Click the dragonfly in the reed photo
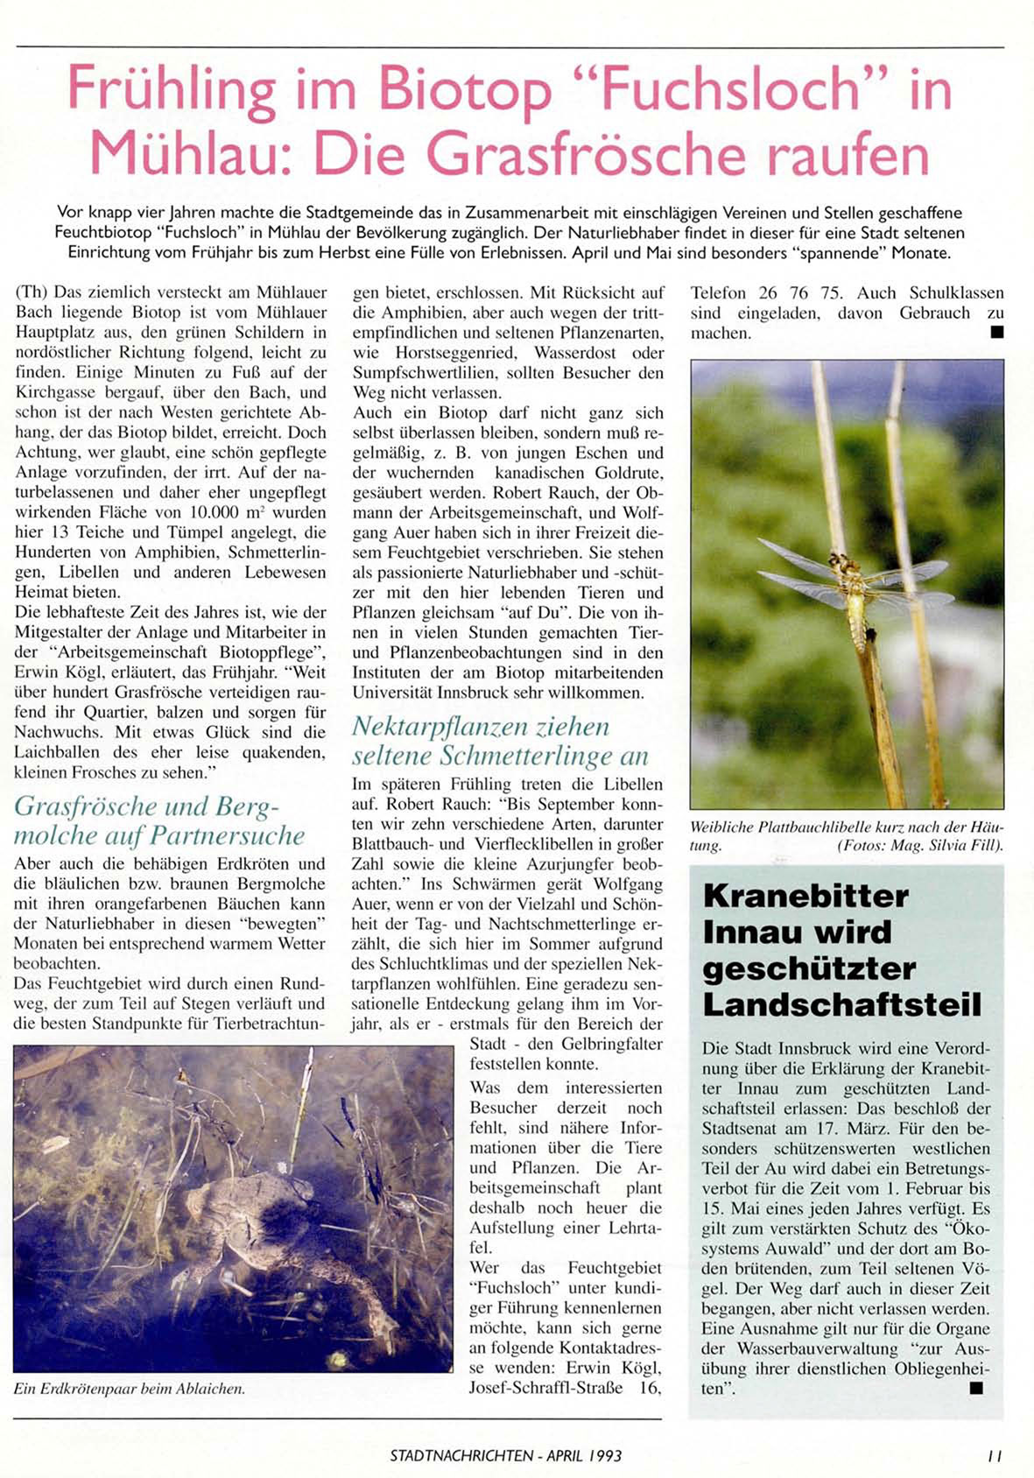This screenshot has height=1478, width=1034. point(854,595)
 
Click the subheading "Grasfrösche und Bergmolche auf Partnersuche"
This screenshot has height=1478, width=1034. point(159,820)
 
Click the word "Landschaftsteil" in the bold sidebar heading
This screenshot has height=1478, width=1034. point(841,1005)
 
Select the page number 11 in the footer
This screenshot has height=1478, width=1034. point(994,1456)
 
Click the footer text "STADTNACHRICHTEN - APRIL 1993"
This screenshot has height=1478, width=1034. point(506,1456)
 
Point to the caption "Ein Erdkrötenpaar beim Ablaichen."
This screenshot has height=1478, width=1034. point(130,1389)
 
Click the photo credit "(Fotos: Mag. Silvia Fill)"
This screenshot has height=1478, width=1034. point(919,846)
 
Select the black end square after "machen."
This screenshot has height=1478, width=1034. point(996,333)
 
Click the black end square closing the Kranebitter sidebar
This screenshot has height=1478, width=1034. point(976,1388)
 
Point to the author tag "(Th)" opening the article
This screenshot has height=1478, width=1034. point(32,293)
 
